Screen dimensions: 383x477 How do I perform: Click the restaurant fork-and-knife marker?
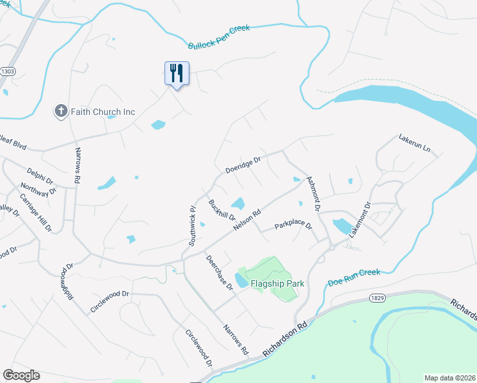click(x=177, y=72)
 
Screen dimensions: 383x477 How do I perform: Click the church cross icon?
click(x=61, y=112)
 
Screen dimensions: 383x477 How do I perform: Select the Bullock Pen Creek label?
click(x=219, y=37)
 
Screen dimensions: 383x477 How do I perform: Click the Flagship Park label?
click(x=277, y=283)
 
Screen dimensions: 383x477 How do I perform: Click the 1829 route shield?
click(x=377, y=298)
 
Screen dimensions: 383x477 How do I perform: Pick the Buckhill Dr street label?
click(x=223, y=211)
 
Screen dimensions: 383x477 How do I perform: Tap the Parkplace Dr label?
click(x=293, y=226)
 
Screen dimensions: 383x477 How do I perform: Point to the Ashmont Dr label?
click(x=312, y=194)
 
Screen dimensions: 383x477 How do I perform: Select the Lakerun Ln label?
click(x=415, y=144)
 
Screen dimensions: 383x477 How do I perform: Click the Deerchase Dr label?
click(x=219, y=273)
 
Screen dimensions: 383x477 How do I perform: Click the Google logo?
click(x=21, y=375)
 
